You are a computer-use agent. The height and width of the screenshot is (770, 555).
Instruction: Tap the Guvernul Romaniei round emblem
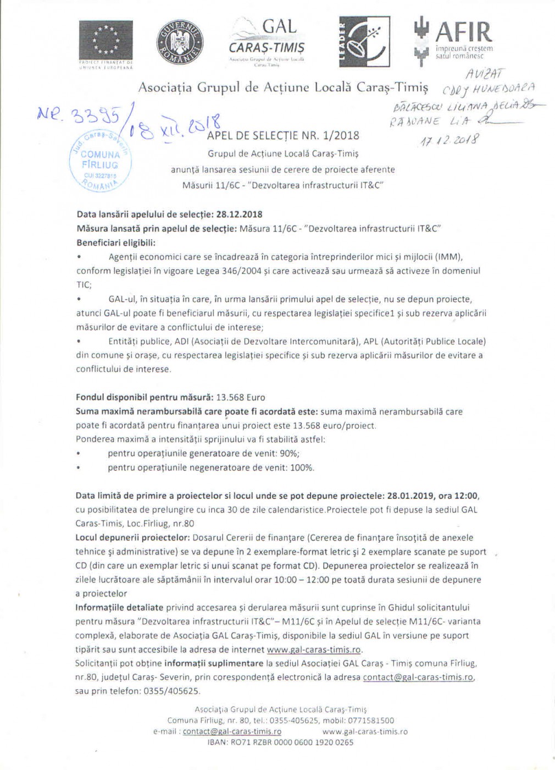point(180,43)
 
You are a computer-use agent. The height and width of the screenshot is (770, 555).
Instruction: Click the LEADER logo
point(364,41)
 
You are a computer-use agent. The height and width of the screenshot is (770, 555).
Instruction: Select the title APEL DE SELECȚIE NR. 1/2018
point(283,135)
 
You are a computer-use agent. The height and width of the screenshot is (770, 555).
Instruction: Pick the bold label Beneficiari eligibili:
point(116,243)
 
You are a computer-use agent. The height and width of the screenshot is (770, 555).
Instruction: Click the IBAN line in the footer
point(280,742)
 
